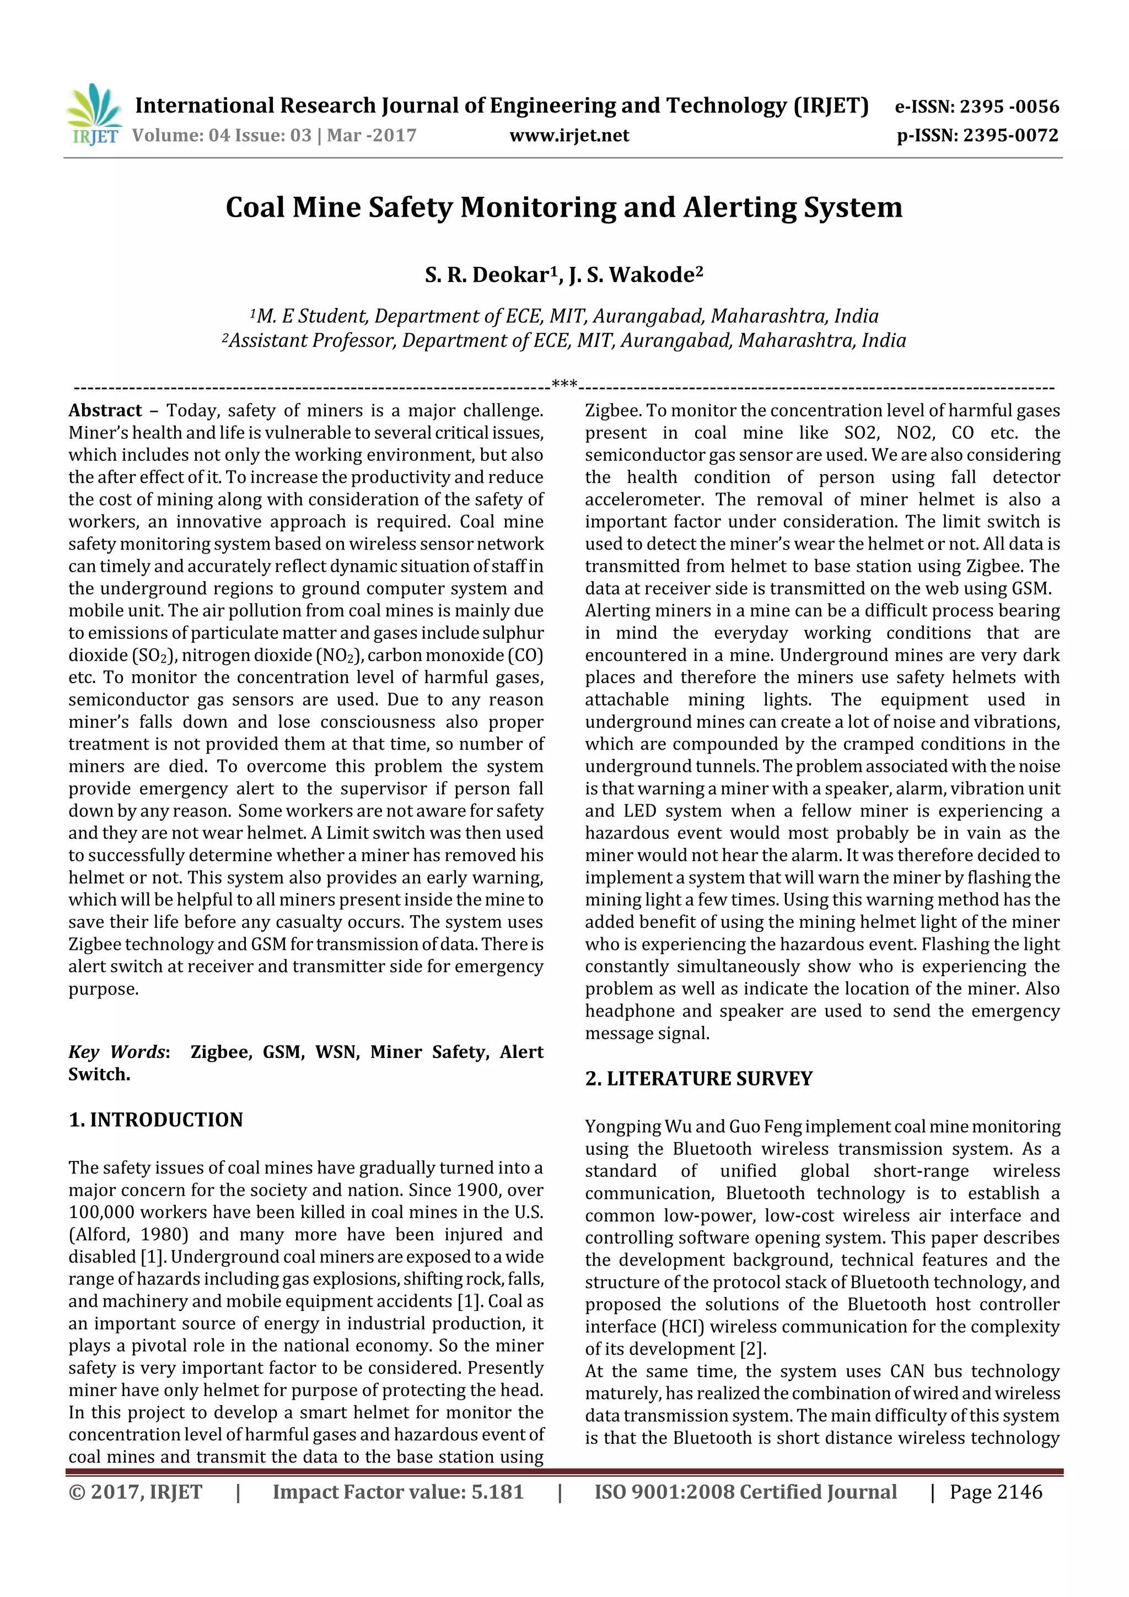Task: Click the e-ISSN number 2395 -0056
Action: tap(1009, 106)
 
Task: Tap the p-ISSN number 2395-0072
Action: tap(1010, 135)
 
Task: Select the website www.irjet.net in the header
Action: tap(568, 135)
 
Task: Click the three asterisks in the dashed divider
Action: tap(563, 383)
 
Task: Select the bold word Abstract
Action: tap(105, 410)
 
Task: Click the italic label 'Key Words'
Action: tap(117, 1052)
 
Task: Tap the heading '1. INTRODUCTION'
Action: tap(156, 1120)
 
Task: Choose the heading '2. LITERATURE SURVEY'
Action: tap(698, 1079)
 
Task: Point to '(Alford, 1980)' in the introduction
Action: tap(128, 1235)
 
